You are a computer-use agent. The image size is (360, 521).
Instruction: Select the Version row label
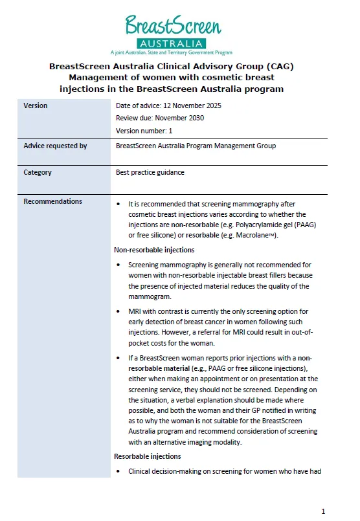click(x=35, y=105)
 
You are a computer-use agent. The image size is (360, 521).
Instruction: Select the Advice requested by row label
click(x=55, y=146)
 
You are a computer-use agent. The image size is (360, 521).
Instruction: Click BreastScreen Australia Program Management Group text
click(x=196, y=146)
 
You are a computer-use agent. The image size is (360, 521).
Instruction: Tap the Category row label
click(x=38, y=173)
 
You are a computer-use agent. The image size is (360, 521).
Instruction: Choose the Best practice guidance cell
click(x=150, y=173)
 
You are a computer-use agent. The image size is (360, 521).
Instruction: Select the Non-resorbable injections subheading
click(x=154, y=250)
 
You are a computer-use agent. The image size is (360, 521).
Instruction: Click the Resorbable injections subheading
click(x=148, y=456)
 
